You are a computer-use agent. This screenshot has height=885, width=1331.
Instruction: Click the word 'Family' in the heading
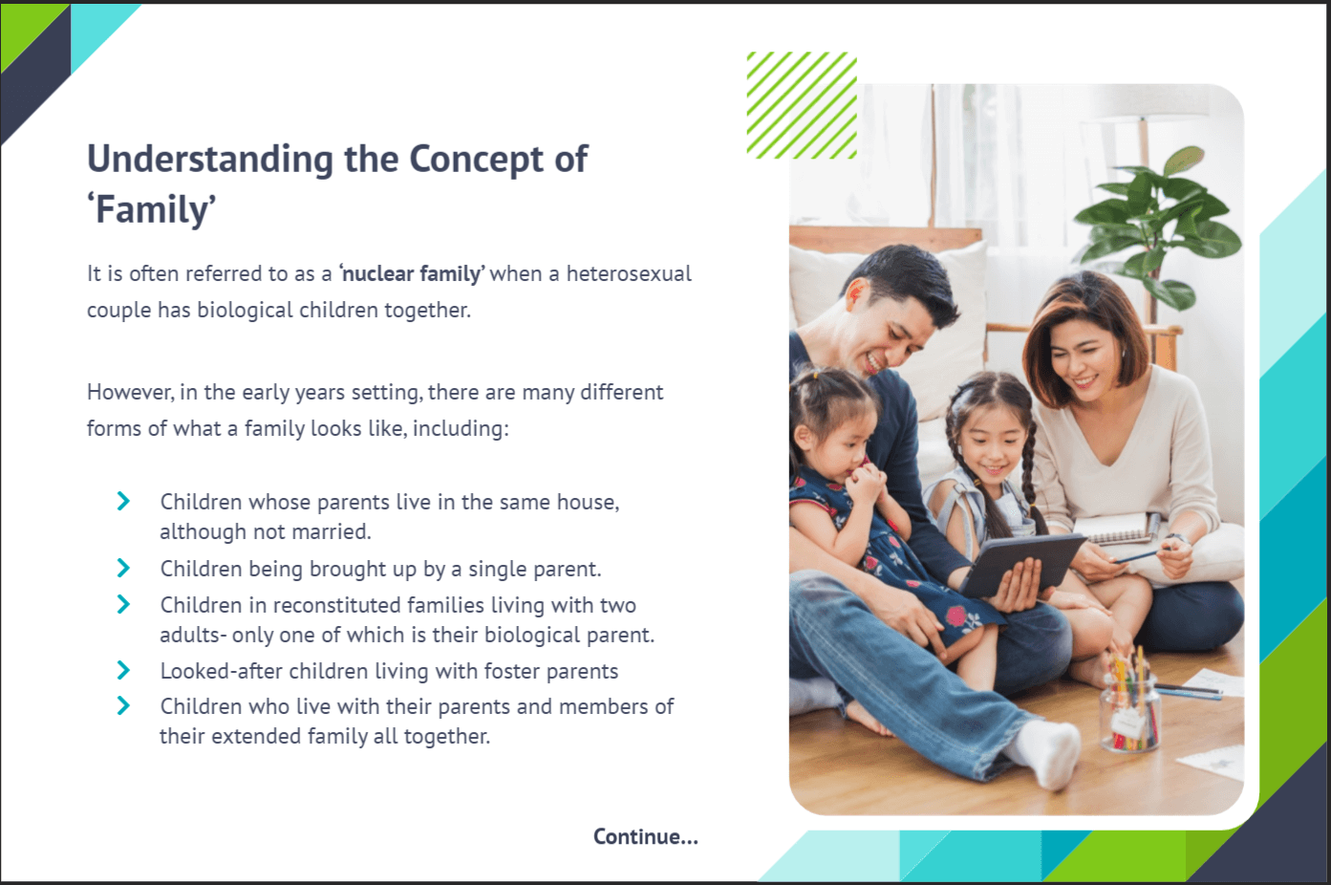click(x=156, y=210)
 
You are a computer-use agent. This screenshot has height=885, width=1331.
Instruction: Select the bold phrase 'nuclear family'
click(x=412, y=274)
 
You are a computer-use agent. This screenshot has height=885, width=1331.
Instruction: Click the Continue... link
click(x=645, y=837)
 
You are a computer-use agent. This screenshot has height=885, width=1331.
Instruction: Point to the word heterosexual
click(x=629, y=274)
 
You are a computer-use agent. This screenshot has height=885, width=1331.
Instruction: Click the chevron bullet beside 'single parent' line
click(x=123, y=569)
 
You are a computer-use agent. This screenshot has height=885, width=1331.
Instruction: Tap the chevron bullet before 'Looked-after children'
click(x=123, y=671)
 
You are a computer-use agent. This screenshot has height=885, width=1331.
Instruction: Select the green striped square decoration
click(x=801, y=105)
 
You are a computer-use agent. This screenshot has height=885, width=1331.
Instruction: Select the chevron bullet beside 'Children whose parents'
click(x=123, y=502)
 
